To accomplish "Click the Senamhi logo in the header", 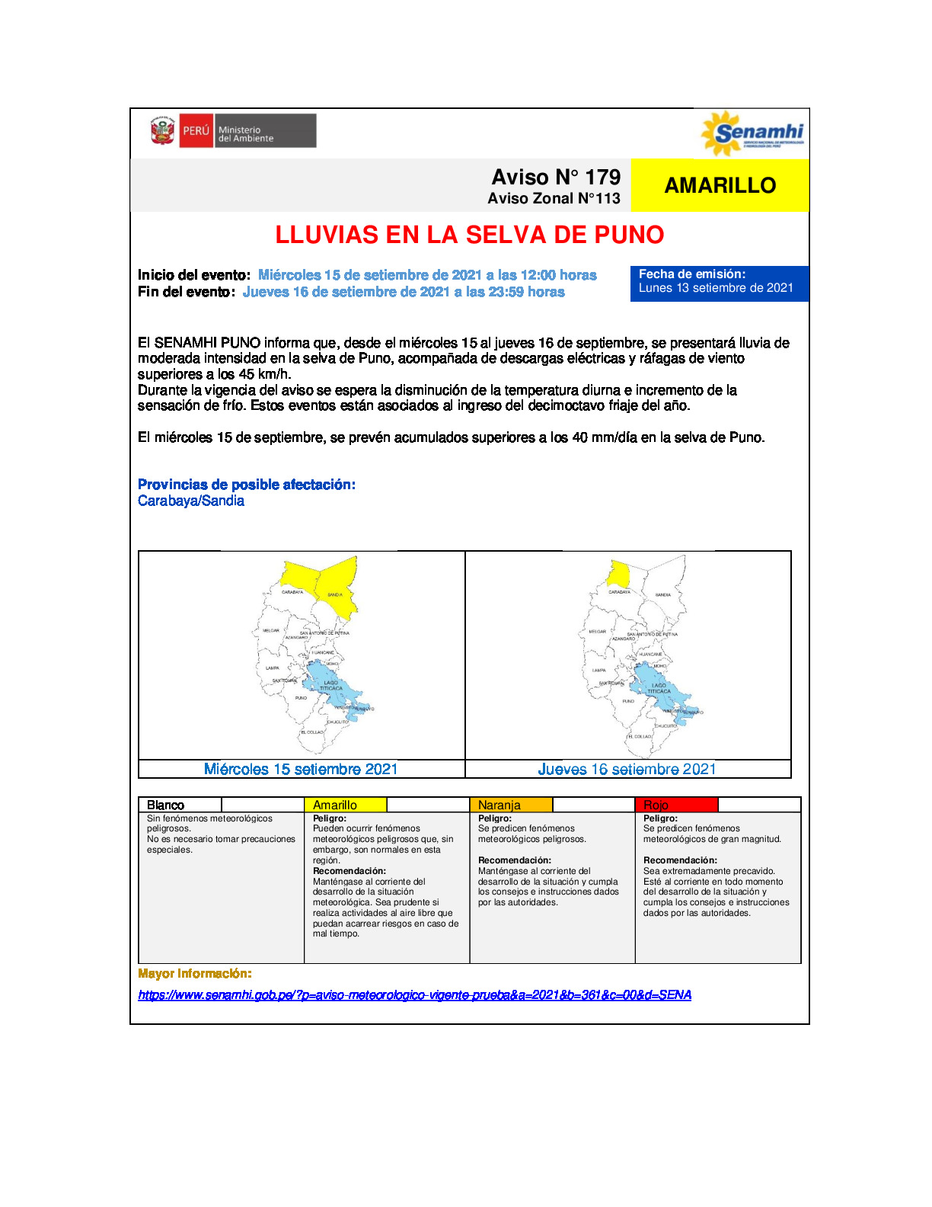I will click(x=752, y=134).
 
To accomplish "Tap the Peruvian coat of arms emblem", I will click(x=162, y=131).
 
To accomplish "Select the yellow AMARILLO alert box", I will click(x=720, y=185).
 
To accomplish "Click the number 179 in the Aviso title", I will click(x=603, y=178).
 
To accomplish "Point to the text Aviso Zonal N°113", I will click(x=554, y=199).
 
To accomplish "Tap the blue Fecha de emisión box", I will click(x=719, y=282).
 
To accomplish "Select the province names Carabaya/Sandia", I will click(x=191, y=501).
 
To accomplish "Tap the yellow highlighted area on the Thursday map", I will click(x=618, y=573).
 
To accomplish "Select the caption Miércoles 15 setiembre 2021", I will click(x=301, y=769).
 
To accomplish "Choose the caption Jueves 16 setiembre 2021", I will click(x=627, y=770).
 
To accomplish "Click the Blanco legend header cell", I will click(x=180, y=805).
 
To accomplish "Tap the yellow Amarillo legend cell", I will click(x=345, y=805).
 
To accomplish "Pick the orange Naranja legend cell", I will click(x=510, y=805).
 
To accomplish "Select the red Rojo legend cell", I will click(x=675, y=805).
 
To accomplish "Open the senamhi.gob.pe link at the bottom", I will click(x=414, y=994).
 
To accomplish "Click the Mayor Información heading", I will click(x=195, y=974).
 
